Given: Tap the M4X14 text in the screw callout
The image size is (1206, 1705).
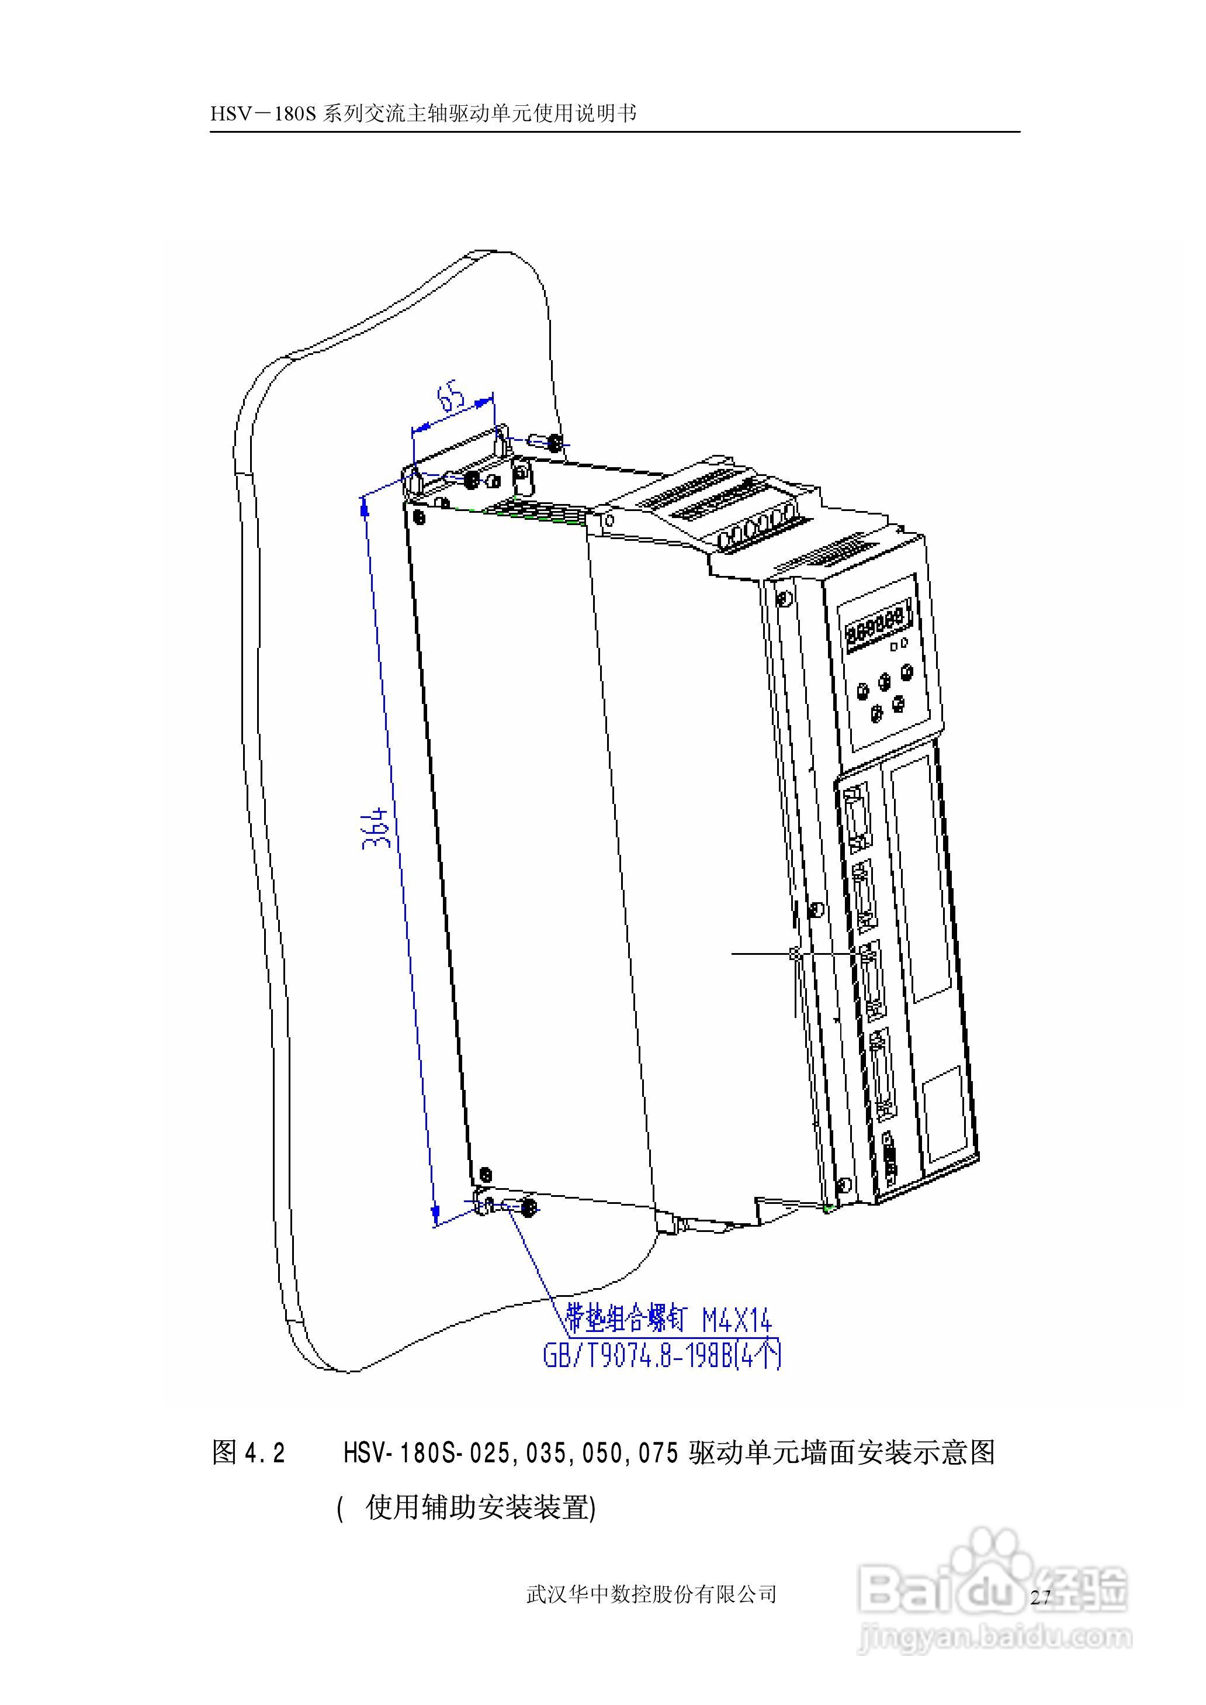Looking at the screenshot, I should (737, 1321).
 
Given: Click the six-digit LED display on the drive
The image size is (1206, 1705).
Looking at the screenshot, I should (876, 620).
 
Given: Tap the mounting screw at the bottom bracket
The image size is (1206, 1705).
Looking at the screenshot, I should (529, 1208).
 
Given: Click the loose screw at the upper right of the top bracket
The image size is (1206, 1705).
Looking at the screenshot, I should (554, 444).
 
